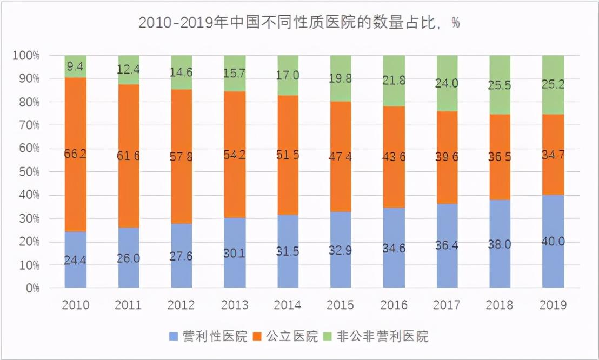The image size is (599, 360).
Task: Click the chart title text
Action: pos(299,23)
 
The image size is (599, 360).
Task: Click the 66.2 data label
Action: pos(76,154)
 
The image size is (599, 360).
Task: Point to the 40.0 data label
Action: pos(553,242)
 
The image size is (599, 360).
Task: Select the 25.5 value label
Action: pos(500,85)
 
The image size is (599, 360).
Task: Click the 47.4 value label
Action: pos(341,157)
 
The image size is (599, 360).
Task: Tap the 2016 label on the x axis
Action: pos(394,305)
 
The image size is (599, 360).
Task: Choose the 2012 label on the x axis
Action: pos(182,305)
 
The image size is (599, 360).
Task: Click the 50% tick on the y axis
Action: pos(29,172)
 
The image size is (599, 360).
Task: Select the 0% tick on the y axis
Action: pos(32,288)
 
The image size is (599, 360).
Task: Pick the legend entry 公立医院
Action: pos(295,336)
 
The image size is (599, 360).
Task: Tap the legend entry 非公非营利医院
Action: pos(382,336)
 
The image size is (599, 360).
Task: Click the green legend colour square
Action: pos(329,336)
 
